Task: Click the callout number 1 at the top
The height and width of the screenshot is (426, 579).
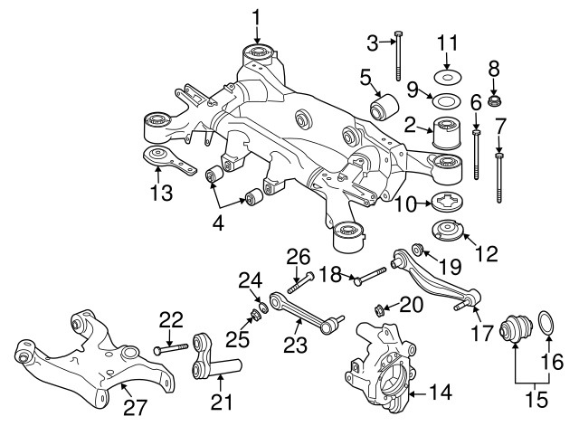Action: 255,16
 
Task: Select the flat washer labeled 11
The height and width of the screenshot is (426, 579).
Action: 445,73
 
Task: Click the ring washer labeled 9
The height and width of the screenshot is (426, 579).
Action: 445,98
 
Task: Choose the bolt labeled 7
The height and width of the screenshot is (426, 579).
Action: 498,179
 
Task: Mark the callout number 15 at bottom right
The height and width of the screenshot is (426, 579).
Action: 537,394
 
